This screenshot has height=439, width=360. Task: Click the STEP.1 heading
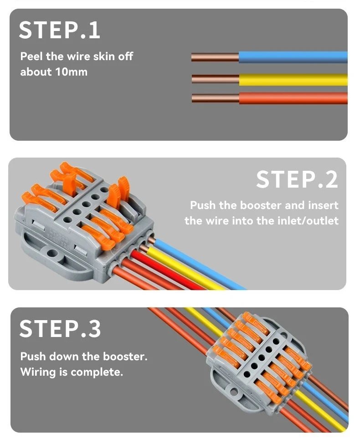coord(59,30)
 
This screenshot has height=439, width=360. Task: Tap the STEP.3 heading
coord(60,329)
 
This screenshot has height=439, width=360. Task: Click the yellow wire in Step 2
coord(191,271)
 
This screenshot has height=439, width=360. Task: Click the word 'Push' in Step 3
coord(33,356)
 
